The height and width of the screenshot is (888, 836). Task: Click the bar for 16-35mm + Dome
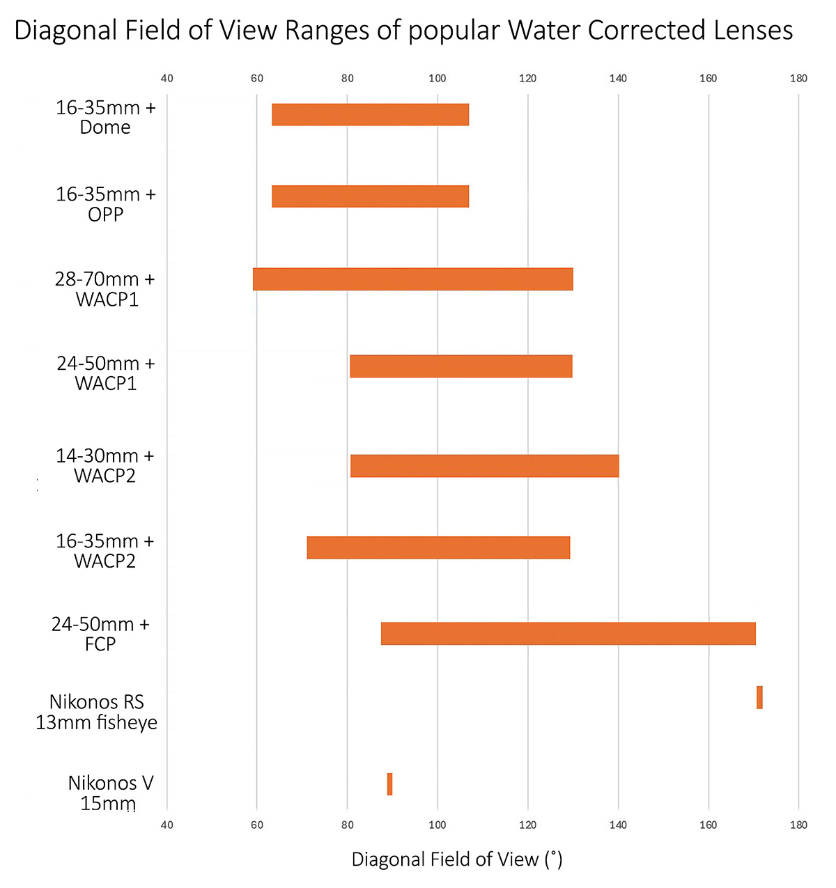370,115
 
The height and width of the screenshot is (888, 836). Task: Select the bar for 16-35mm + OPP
370,196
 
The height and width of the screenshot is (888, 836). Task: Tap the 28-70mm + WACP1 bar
412,279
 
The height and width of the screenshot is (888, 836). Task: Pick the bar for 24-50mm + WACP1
460,366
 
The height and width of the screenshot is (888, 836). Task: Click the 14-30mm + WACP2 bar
484,466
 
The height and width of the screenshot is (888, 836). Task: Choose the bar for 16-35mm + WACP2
438,548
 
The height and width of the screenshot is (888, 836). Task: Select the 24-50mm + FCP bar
568,634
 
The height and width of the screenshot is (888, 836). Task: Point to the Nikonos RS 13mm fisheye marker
759,698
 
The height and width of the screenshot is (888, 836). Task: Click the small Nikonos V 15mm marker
389,784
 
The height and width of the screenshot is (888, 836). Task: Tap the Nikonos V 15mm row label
110,793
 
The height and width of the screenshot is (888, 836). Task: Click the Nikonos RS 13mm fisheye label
97,712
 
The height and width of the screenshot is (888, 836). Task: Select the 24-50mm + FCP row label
100,634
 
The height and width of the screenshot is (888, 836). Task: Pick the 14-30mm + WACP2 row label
104,466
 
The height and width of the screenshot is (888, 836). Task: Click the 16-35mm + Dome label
105,117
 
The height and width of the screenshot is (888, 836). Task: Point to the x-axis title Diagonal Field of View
456,859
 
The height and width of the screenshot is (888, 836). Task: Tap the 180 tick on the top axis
798,78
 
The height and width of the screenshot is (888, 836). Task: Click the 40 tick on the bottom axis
167,825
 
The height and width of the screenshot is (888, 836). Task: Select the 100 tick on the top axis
438,78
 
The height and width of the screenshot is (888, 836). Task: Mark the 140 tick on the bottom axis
618,825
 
